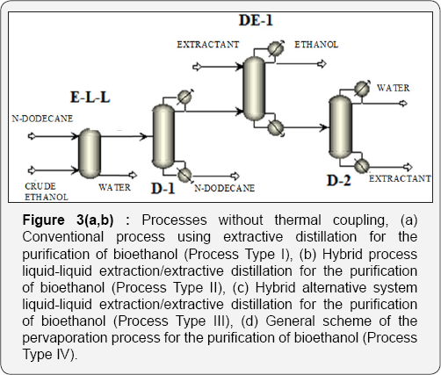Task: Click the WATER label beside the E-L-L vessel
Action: (x=115, y=186)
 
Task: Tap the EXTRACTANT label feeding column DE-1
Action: (x=209, y=44)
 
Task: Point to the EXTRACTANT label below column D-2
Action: (x=400, y=178)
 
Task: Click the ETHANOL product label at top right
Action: (x=316, y=43)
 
